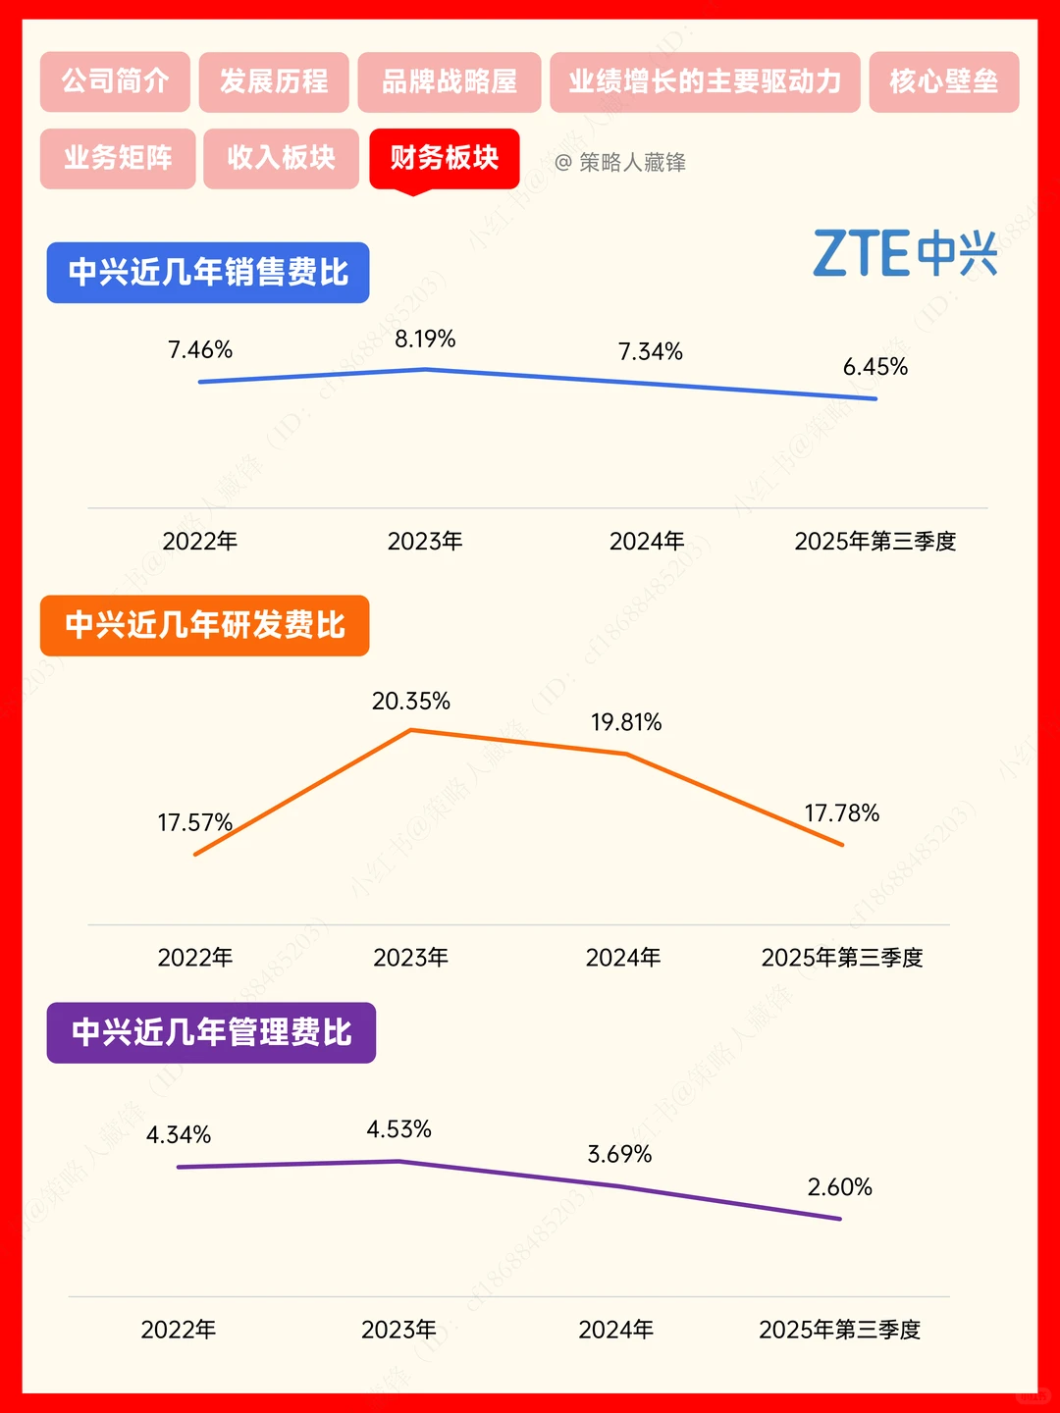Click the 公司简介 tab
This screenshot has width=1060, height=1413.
pos(115,81)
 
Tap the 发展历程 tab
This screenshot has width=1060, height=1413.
pos(274,81)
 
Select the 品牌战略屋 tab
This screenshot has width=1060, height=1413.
pos(450,81)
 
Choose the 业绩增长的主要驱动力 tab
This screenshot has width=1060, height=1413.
pos(705,81)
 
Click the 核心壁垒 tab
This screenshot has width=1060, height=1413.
pos(943,81)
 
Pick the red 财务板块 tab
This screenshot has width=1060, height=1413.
pos(444,158)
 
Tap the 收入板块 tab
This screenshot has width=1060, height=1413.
pos(281,158)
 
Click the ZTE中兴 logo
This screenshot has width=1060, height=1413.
pos(905,253)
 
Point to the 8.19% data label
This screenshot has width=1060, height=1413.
pos(425,340)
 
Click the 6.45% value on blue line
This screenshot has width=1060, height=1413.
pos(875,367)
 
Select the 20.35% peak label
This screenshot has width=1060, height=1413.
pos(410,702)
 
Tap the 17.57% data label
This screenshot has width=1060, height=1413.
pos(194,822)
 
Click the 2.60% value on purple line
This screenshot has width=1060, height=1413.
pos(839,1187)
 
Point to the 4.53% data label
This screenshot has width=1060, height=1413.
pos(398,1129)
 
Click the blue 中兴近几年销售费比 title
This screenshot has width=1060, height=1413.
pos(208,273)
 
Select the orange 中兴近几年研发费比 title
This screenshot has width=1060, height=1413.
pos(204,625)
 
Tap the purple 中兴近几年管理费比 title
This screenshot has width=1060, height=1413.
pos(211,1032)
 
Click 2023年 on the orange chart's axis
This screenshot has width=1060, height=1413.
pos(410,958)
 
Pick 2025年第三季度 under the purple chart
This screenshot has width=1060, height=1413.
pos(839,1330)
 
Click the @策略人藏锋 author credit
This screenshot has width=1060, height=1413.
pos(620,163)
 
